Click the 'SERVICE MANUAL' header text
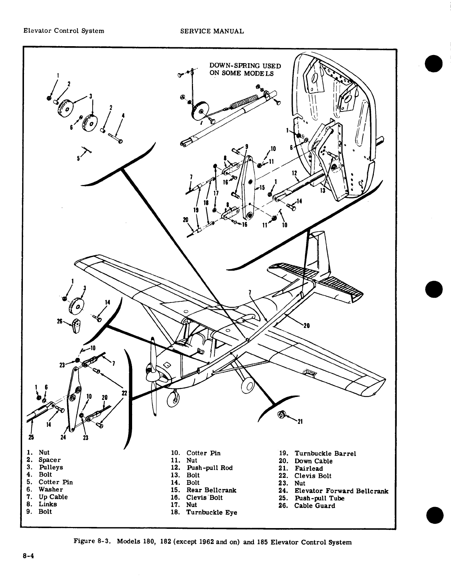click(x=212, y=31)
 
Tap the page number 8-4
click(x=27, y=557)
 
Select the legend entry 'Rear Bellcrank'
click(x=211, y=490)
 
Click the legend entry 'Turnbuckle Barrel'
click(x=325, y=453)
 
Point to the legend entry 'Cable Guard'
click(x=314, y=506)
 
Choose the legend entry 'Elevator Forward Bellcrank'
click(x=341, y=491)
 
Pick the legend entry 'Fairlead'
click(x=309, y=469)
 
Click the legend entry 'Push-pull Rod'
click(x=210, y=468)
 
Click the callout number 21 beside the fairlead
click(x=300, y=423)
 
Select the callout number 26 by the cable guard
click(x=59, y=321)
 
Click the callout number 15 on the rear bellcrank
click(x=262, y=188)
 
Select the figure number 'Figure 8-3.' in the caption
click(x=90, y=542)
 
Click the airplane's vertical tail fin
click(x=319, y=251)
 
